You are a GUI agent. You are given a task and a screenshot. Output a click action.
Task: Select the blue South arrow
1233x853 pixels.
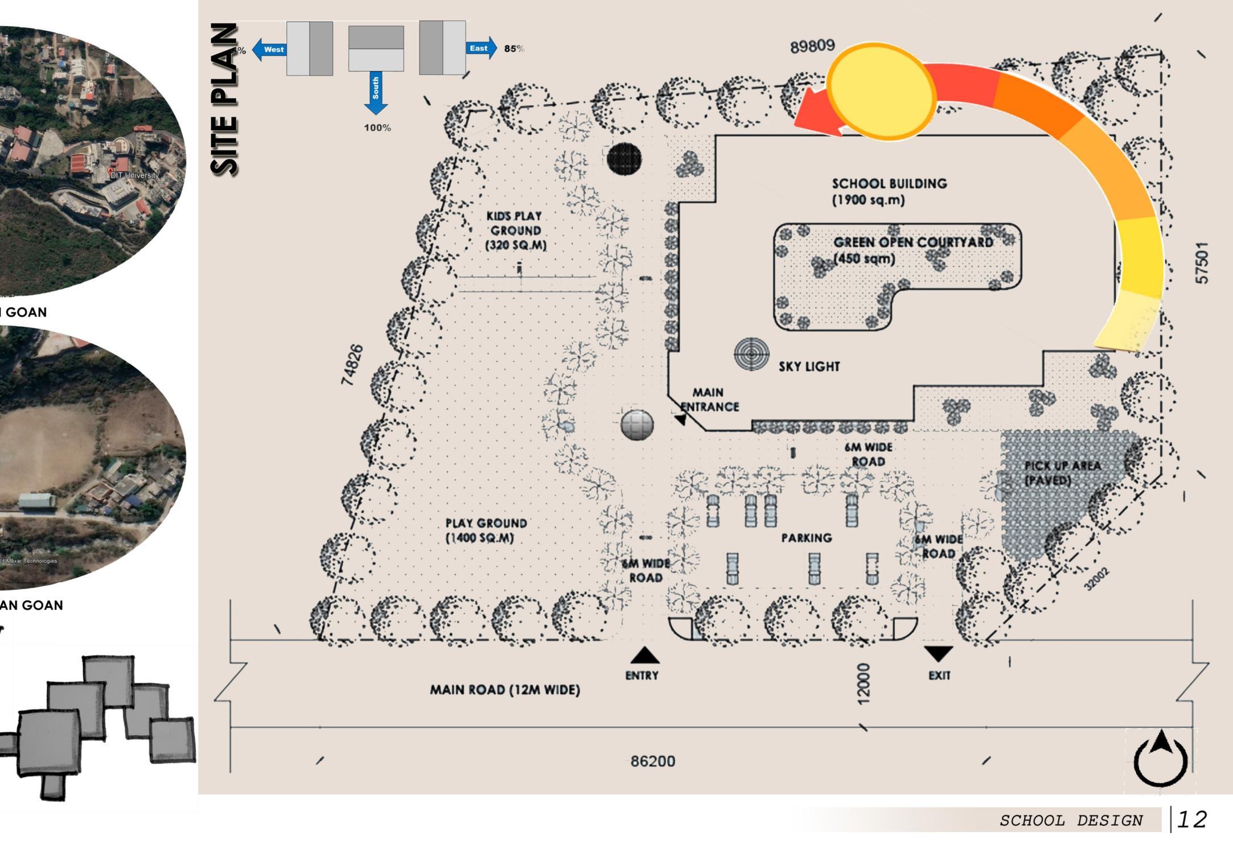376,93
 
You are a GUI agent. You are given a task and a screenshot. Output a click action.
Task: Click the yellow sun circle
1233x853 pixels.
881,91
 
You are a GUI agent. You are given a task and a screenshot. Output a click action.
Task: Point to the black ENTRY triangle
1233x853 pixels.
644,656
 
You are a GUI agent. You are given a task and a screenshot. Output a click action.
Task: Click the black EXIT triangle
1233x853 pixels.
938,653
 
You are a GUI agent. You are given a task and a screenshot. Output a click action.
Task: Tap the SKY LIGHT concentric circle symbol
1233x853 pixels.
751,353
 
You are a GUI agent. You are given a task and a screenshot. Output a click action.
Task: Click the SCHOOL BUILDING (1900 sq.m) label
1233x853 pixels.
889,191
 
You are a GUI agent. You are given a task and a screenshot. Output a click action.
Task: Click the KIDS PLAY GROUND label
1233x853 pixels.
515,230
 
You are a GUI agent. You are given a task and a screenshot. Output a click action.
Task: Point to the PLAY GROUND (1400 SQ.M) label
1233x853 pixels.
486,530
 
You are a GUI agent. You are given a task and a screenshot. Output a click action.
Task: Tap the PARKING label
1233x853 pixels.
806,538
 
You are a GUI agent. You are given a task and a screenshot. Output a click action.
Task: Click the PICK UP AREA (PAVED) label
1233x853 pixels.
1062,473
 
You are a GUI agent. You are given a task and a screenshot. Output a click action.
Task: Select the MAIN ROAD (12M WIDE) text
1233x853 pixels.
505,690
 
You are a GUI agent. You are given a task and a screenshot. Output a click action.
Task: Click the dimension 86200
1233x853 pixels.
652,761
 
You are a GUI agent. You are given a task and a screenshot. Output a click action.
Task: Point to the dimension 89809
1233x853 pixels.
812,46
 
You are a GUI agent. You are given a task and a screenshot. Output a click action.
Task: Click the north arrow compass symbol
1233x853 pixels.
1161,758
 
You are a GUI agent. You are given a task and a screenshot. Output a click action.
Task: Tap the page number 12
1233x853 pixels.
1191,819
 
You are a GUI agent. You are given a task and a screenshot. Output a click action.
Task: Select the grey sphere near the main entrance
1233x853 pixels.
636,425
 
